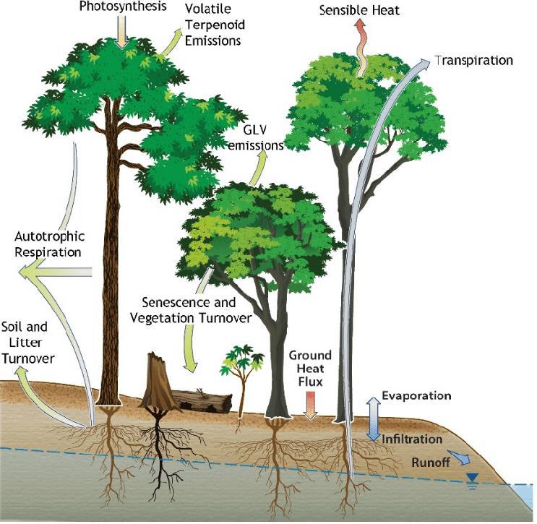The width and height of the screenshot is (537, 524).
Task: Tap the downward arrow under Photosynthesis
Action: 122,33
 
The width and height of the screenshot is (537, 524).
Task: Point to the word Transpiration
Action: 473,61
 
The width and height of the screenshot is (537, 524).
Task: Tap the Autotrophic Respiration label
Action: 49,244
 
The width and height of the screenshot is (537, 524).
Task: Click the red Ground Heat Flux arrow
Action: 310,405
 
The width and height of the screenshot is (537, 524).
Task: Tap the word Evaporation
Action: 416,396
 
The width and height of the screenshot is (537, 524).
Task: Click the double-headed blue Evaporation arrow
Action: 373,418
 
